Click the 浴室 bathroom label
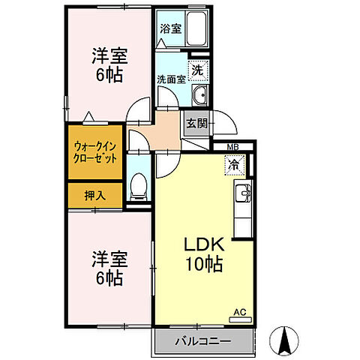170,29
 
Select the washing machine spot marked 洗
197,70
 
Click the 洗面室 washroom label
171,78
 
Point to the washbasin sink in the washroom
199,95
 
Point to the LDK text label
204,246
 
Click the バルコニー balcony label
203,342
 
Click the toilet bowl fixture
139,186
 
